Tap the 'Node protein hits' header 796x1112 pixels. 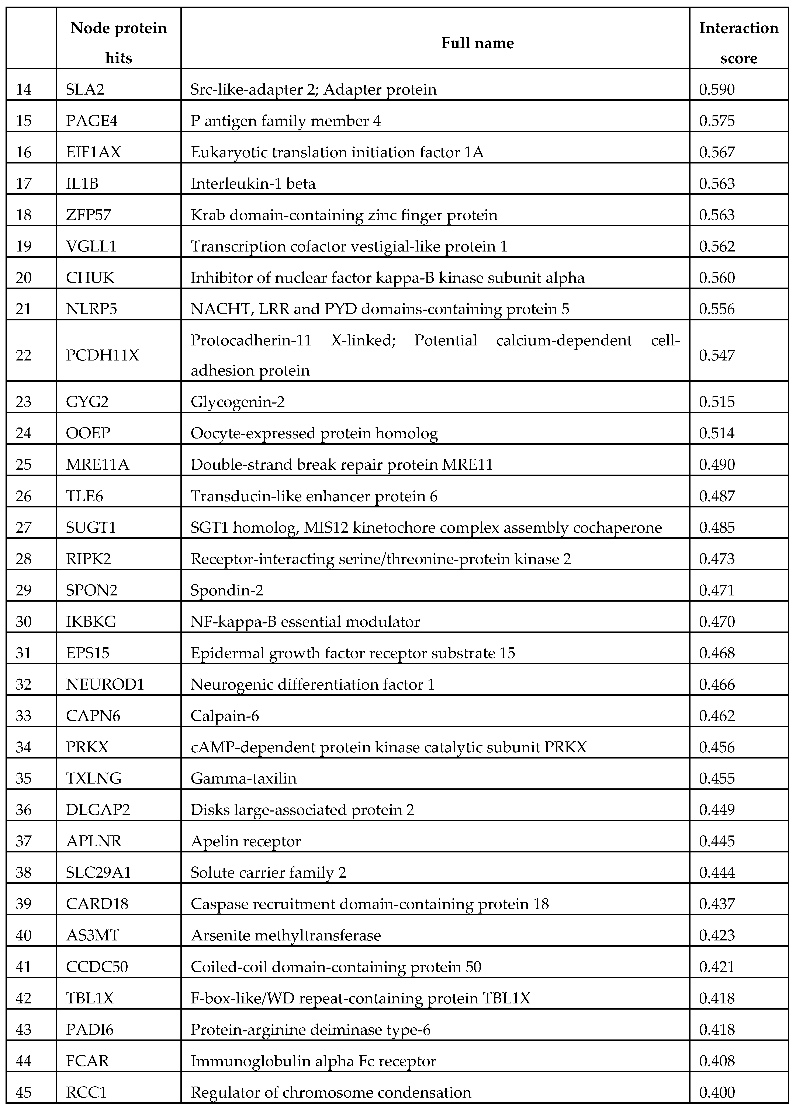(119, 43)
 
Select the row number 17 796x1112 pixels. (24, 184)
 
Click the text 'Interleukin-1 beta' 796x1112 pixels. (253, 184)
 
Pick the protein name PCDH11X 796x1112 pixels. (103, 355)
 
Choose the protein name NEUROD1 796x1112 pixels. (105, 684)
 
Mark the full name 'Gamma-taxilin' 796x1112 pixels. (244, 778)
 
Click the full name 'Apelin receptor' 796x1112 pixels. (246, 841)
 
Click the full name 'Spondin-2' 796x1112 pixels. (227, 590)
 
